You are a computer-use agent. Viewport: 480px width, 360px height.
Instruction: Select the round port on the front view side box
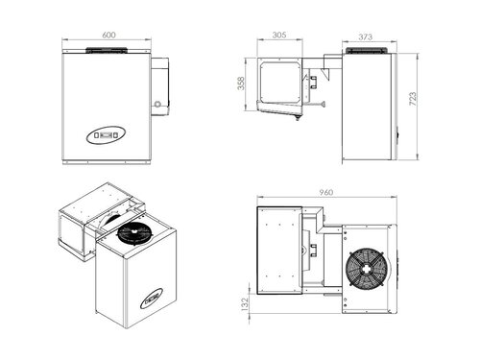156,101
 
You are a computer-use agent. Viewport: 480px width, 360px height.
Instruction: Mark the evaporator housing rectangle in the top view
280,252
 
